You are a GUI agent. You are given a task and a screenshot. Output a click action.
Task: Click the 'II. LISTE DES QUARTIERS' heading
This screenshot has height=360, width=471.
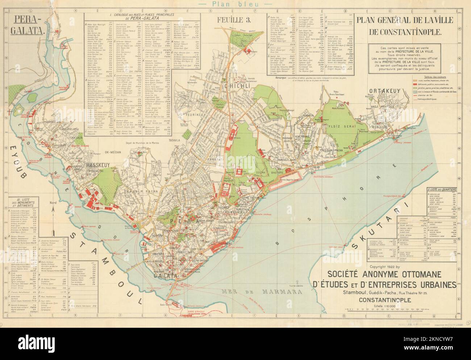pyautogui.click(x=441, y=190)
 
